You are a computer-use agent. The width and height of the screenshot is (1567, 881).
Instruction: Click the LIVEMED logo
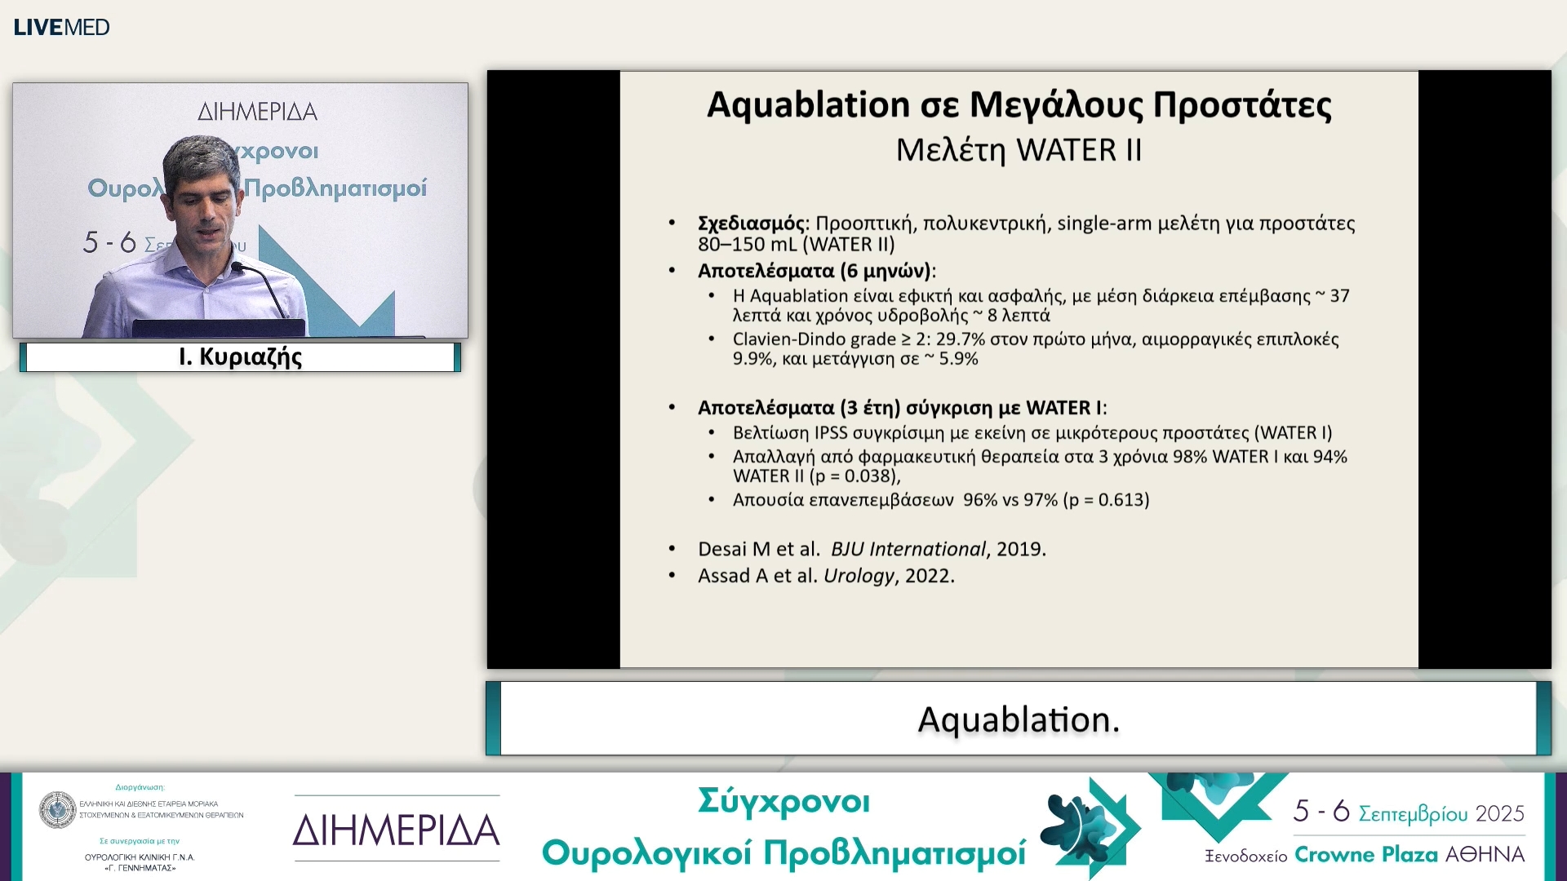[61, 27]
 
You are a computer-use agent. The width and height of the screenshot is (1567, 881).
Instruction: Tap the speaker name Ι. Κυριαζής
[240, 357]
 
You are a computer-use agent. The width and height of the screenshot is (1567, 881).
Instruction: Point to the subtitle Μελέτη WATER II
[1019, 151]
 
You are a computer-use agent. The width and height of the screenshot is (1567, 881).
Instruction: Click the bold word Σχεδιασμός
[751, 224]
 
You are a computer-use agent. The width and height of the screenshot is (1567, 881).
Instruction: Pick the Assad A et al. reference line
[825, 576]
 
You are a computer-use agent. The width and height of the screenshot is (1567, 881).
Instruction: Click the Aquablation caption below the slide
[1019, 719]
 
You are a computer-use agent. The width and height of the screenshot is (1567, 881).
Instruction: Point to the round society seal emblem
[58, 809]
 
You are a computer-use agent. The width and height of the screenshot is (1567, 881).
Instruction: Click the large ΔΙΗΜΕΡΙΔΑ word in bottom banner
[397, 830]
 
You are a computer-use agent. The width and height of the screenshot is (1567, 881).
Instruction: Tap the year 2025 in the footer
[1500, 813]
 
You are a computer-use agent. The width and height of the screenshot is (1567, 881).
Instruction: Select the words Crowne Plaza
[1365, 855]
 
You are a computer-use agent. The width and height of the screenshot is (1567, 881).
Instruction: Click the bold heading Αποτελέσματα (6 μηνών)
[814, 271]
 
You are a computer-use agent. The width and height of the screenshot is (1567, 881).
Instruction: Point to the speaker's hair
[200, 155]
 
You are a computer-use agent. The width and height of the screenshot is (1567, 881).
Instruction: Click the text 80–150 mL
[741, 245]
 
